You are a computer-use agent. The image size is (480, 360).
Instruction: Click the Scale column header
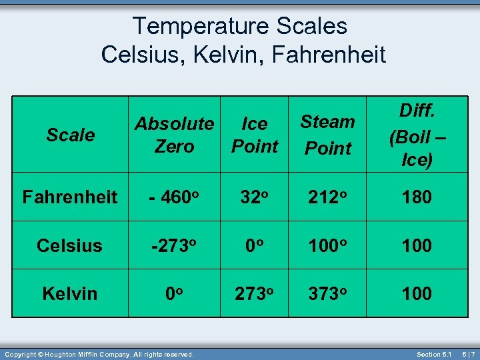click(x=71, y=135)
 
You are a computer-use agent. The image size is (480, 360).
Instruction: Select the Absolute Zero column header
click(x=174, y=135)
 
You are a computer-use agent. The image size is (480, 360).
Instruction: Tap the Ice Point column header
click(x=255, y=135)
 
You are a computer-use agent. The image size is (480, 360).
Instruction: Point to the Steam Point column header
click(x=327, y=135)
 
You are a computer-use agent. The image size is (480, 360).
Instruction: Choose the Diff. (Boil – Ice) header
click(x=417, y=135)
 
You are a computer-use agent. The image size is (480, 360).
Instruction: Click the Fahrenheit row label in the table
click(x=70, y=197)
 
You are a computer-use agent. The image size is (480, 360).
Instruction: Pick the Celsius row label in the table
click(x=70, y=245)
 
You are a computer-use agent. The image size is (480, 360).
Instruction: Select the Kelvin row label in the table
click(x=70, y=293)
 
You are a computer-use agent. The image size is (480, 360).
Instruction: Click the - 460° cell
click(x=174, y=197)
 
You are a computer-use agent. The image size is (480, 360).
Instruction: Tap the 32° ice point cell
click(x=255, y=197)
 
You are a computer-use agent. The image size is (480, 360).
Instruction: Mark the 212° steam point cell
click(x=327, y=197)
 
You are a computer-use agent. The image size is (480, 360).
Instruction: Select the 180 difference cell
click(x=417, y=197)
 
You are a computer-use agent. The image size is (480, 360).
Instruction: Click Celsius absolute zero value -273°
click(x=174, y=245)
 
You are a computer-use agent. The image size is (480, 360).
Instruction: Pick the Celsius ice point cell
click(x=255, y=245)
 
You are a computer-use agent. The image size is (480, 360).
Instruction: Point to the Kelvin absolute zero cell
click(x=174, y=293)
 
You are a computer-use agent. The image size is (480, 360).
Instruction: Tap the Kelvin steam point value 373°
click(x=327, y=293)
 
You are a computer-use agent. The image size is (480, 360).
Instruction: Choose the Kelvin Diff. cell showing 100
click(x=417, y=293)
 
